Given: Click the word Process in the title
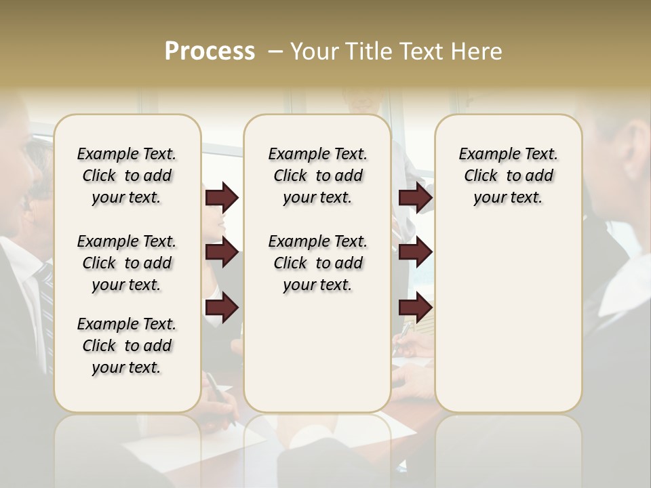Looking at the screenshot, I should click(x=210, y=52).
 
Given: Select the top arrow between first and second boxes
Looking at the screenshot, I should click(x=222, y=197).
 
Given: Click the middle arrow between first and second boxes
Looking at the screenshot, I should click(x=222, y=252).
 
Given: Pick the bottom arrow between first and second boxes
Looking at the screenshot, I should click(x=222, y=308).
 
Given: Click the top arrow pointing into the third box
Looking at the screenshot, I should click(x=415, y=197).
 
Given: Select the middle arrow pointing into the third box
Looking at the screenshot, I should click(x=415, y=252).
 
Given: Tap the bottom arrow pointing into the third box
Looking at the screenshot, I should click(x=415, y=308).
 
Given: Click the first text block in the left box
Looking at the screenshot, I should click(x=127, y=176).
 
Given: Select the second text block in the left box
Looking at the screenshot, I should click(x=127, y=263).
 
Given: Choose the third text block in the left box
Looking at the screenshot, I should click(x=127, y=346).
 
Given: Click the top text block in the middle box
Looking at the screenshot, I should click(x=317, y=176).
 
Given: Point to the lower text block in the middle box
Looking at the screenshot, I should click(x=317, y=263).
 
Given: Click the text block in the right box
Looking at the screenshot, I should click(x=508, y=176).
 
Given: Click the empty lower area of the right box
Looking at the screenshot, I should click(x=508, y=319).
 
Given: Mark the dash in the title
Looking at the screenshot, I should click(x=275, y=52).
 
